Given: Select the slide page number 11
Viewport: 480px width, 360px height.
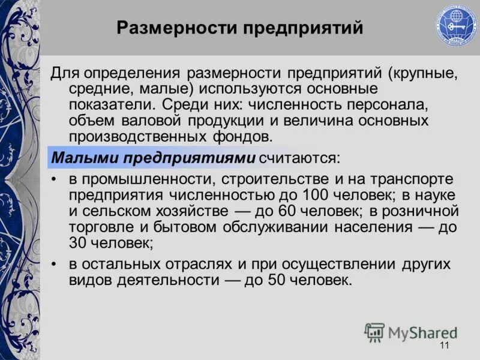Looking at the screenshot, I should click(x=445, y=345).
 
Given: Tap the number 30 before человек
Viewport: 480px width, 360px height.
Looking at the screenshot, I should click(x=79, y=244).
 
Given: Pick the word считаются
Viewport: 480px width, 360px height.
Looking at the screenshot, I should click(x=300, y=158).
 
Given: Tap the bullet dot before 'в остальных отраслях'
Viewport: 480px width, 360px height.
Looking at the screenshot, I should click(x=55, y=265).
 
